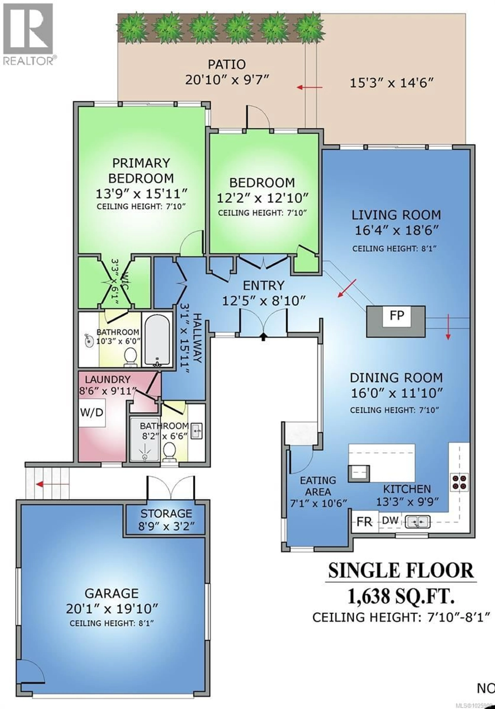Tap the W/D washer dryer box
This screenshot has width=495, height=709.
(x=92, y=413)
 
